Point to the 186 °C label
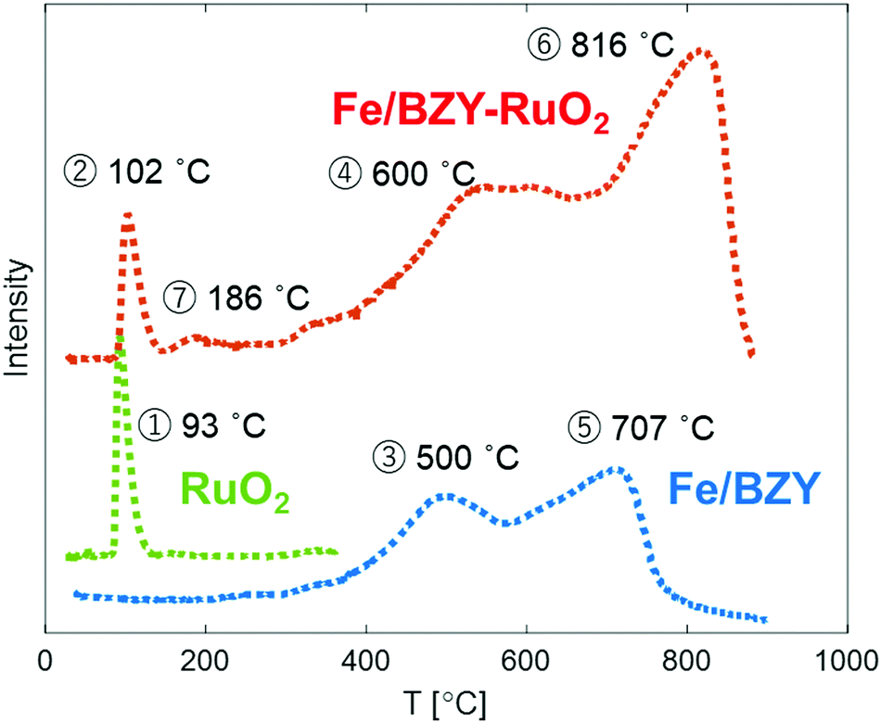pyautogui.click(x=236, y=298)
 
